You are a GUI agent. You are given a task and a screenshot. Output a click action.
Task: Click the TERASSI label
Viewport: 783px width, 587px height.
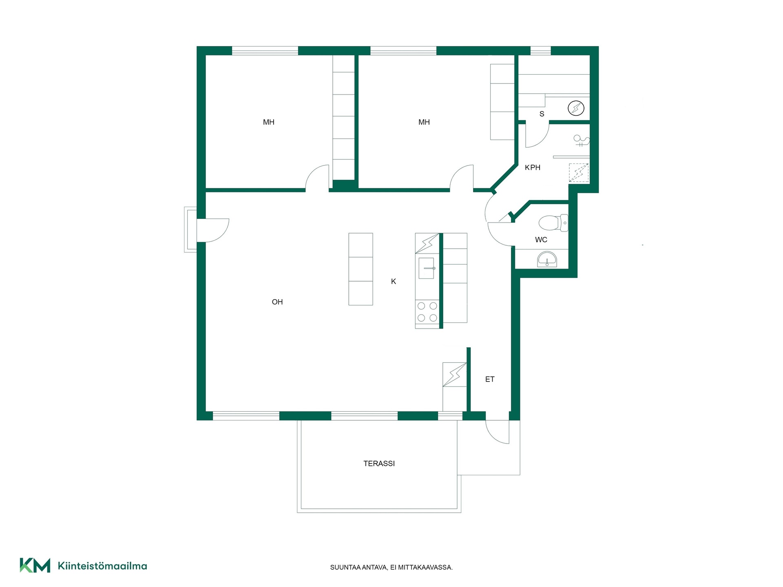[x=379, y=463]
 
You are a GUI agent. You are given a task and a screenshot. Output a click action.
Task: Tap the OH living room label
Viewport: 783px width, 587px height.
[x=277, y=302]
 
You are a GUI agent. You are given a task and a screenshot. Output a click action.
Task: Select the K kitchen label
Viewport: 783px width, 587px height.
[x=394, y=281]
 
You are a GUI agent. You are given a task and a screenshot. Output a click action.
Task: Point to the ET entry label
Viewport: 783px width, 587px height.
[x=490, y=379]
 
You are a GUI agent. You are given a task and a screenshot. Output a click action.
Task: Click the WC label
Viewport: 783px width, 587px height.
[x=541, y=240]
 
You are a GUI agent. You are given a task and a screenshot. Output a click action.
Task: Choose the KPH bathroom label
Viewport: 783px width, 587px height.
[x=533, y=168]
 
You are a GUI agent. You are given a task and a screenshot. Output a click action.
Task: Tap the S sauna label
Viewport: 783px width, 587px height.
[x=542, y=114]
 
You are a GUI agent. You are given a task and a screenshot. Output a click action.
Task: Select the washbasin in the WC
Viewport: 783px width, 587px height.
[x=547, y=259]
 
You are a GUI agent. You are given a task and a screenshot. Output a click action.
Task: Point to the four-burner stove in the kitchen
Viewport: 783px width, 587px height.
[x=427, y=312]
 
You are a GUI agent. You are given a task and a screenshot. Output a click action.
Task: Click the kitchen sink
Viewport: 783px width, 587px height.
[x=427, y=268]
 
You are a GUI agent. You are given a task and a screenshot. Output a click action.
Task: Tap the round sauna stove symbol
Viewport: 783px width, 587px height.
[x=576, y=108]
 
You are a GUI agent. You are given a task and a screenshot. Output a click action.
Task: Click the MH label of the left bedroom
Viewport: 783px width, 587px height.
[x=269, y=122]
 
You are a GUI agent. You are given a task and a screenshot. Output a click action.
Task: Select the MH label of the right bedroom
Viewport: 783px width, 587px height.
[x=424, y=122]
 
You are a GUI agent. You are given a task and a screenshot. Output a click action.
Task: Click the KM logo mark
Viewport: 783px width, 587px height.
[x=35, y=565]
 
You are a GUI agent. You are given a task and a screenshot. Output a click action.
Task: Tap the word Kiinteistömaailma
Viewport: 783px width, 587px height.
[x=102, y=566]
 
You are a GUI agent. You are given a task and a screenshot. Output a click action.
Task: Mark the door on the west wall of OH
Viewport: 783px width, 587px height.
[x=213, y=230]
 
